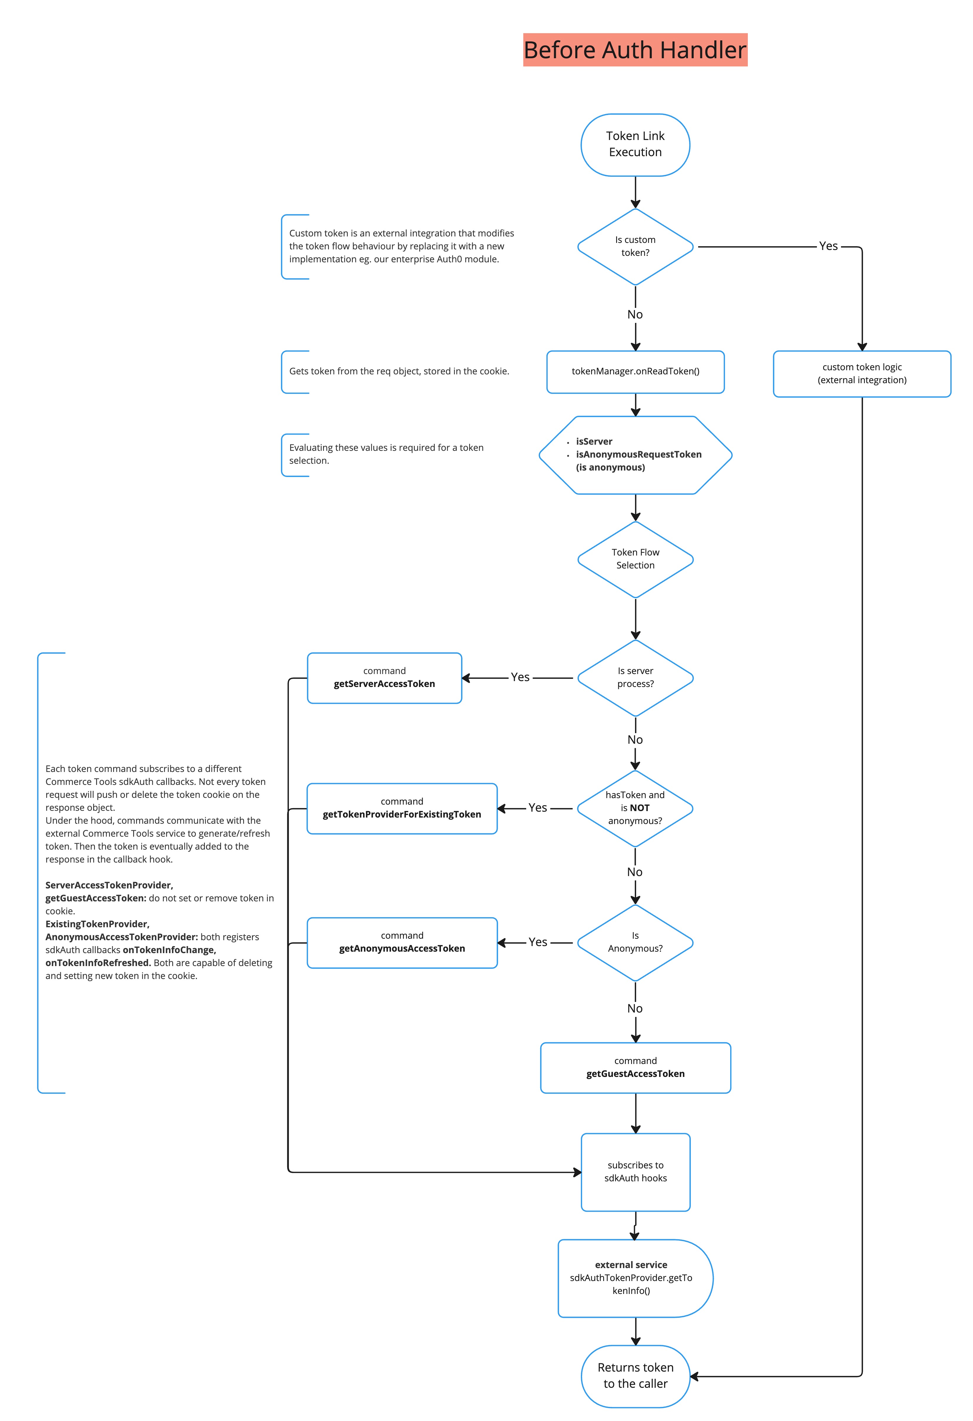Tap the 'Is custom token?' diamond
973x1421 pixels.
[635, 246]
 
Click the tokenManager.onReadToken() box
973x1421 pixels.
[635, 371]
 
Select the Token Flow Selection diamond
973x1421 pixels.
[635, 559]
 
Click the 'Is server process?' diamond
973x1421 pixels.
[635, 678]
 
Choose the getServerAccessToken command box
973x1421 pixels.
[384, 678]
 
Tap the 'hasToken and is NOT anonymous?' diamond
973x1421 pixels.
[635, 808]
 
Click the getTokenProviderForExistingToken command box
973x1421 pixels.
[402, 808]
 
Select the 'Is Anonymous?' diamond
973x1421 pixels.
[635, 942]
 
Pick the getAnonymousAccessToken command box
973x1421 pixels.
[402, 942]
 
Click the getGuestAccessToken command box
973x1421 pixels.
[635, 1068]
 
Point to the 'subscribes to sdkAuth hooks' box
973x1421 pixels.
[635, 1172]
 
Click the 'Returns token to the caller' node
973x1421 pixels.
[635, 1376]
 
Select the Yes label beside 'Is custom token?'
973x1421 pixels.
[828, 246]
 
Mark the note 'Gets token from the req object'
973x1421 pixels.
[399, 371]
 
